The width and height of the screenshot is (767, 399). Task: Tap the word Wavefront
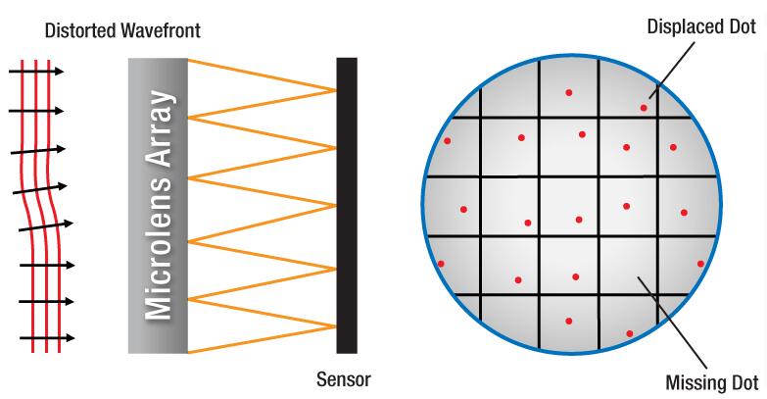161,30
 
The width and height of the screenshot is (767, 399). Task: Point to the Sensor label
344,379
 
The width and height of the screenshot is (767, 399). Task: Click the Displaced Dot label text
701,26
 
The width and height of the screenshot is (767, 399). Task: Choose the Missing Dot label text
712,382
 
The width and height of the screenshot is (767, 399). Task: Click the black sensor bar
347,206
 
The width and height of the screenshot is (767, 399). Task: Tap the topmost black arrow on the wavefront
36,72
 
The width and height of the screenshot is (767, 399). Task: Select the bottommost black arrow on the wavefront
47,338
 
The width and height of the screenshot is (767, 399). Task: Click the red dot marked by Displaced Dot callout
644,108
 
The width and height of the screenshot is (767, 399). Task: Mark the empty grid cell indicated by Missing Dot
628,265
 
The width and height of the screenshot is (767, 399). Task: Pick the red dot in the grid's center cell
579,220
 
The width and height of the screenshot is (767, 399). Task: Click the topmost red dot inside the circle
569,92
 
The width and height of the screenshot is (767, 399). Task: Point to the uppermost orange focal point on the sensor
336,90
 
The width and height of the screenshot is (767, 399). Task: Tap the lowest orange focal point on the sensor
336,326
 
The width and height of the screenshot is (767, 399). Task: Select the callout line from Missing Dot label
672,324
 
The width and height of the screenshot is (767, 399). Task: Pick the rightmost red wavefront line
54,206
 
